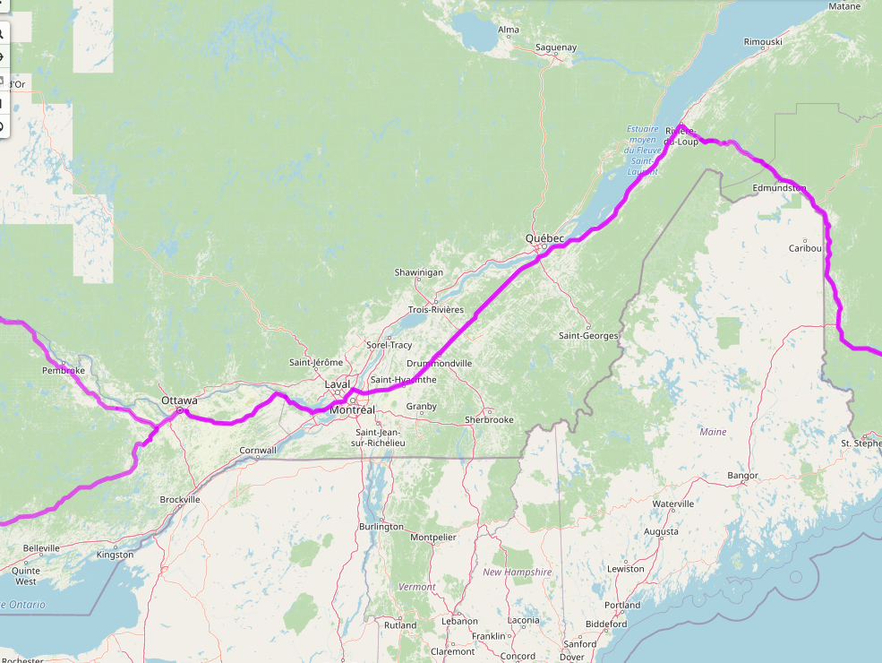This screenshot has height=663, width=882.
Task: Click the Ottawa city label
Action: pyautogui.click(x=179, y=400)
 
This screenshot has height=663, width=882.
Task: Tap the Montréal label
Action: pyautogui.click(x=352, y=410)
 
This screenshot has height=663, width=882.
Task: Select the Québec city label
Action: pyautogui.click(x=544, y=238)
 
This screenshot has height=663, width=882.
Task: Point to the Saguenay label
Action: pyautogui.click(x=555, y=47)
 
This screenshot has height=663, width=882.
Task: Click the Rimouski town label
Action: pyautogui.click(x=763, y=42)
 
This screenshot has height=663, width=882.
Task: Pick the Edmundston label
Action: pyautogui.click(x=779, y=188)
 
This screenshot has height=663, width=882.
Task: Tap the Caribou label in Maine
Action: pyautogui.click(x=805, y=248)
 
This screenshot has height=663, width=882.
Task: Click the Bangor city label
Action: pyautogui.click(x=743, y=476)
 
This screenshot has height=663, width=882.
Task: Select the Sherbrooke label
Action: pyautogui.click(x=489, y=420)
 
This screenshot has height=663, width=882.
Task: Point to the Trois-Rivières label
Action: pyautogui.click(x=435, y=310)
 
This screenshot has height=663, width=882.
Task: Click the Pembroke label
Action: pyautogui.click(x=64, y=370)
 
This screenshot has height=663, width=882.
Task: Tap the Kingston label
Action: pyautogui.click(x=114, y=555)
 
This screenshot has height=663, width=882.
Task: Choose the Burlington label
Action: pyautogui.click(x=381, y=527)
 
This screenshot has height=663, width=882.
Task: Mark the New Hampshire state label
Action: pyautogui.click(x=517, y=572)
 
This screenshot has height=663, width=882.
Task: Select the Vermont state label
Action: pyautogui.click(x=416, y=587)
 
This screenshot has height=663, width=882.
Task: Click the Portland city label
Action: pyautogui.click(x=621, y=605)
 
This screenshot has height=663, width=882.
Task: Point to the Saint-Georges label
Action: pyautogui.click(x=588, y=336)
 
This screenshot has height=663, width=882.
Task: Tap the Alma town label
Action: pyautogui.click(x=508, y=30)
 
